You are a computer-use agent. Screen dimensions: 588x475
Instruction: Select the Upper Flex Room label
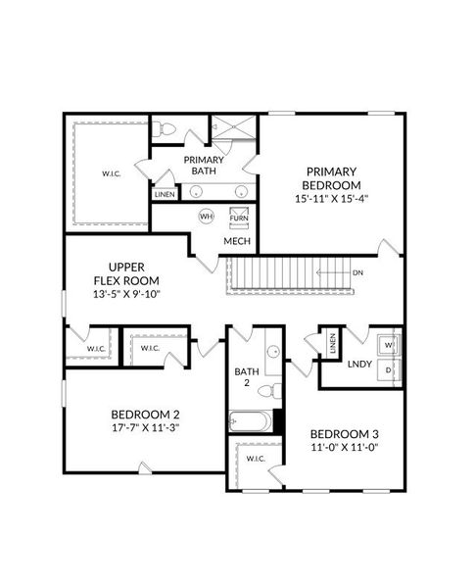(127, 273)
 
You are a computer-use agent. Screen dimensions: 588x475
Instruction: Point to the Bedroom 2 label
(145, 414)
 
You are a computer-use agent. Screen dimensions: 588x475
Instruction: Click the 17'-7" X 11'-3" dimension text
(145, 427)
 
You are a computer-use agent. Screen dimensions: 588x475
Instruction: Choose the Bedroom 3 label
(344, 434)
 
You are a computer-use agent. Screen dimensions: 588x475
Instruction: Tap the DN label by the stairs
(359, 273)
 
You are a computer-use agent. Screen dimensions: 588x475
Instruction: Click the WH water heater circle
(206, 216)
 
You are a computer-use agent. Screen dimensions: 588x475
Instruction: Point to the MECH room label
(237, 240)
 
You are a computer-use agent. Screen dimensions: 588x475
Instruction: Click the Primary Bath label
(205, 166)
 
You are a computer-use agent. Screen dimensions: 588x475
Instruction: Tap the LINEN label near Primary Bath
(165, 194)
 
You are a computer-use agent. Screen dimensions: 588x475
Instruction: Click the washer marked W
(389, 346)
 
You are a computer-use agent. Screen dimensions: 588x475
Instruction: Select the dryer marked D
(389, 370)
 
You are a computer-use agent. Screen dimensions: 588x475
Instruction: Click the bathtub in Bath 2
(252, 421)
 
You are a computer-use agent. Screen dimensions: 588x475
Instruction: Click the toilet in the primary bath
(166, 130)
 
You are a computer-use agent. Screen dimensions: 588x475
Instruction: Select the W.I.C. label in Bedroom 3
(256, 459)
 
